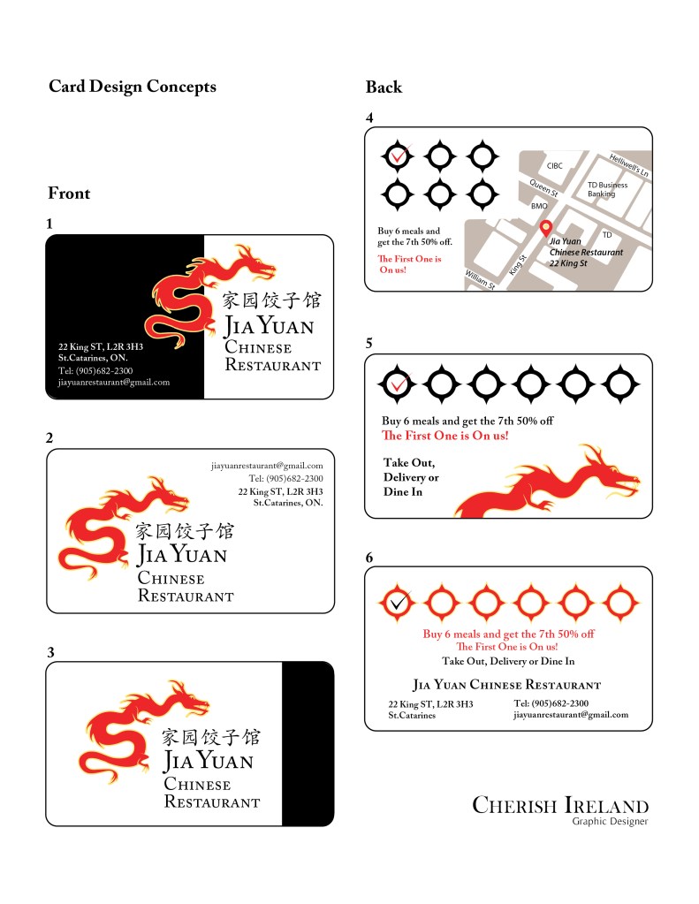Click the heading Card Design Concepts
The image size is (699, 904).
(132, 87)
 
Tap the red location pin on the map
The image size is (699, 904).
(546, 227)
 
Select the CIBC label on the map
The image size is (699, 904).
(554, 165)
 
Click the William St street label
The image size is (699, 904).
(480, 280)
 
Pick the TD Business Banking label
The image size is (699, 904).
(607, 190)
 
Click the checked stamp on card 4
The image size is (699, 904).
(399, 156)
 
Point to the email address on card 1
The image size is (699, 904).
(113, 383)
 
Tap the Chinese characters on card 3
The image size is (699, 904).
(211, 737)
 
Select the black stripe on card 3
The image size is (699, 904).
(307, 743)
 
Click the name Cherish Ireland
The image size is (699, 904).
(560, 805)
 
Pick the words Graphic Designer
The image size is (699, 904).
(610, 822)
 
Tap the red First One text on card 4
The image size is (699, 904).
(408, 264)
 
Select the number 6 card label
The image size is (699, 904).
(369, 557)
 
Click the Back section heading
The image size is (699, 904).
(384, 87)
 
